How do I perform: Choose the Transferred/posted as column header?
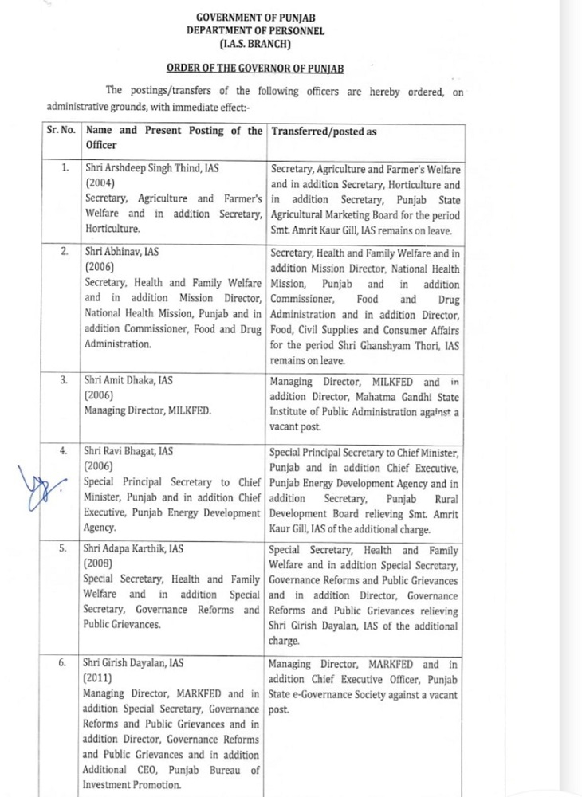(324, 132)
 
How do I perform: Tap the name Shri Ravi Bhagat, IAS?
(128, 452)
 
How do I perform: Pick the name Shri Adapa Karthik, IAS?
(132, 550)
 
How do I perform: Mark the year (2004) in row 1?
(100, 184)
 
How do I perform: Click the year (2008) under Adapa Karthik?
(100, 565)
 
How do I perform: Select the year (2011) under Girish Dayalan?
(100, 677)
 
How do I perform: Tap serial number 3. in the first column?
(63, 381)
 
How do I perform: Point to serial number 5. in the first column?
(63, 550)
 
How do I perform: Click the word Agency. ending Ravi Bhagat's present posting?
(100, 527)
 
